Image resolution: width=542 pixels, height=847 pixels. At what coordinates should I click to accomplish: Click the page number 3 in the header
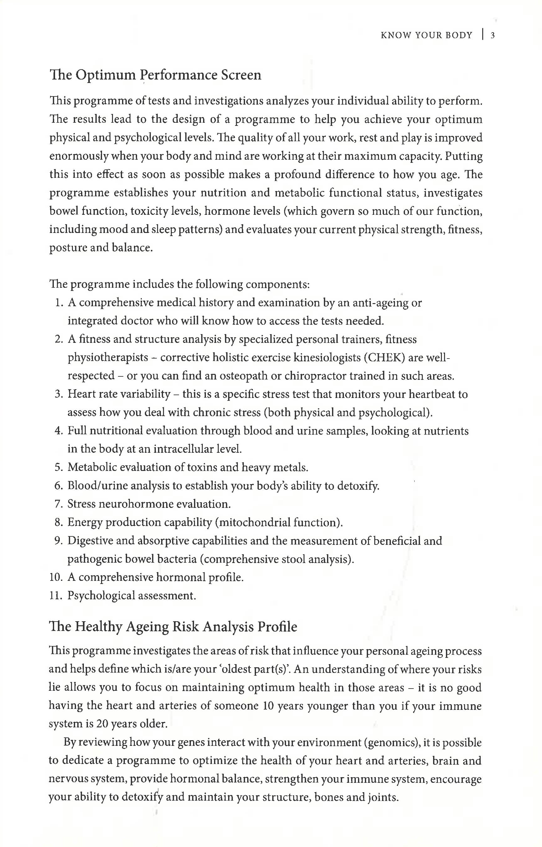(493, 35)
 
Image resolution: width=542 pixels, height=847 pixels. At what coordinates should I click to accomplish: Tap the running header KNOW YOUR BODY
(426, 35)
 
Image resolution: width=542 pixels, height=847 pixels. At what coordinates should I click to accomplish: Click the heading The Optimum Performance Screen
(155, 75)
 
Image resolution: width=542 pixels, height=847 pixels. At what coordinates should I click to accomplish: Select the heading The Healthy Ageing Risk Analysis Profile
(173, 627)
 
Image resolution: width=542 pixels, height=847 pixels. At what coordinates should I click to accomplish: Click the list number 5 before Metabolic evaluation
(58, 467)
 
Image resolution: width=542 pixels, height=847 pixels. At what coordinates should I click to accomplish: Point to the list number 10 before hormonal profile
(56, 577)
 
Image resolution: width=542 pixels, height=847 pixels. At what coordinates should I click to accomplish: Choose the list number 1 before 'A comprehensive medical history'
(58, 303)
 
